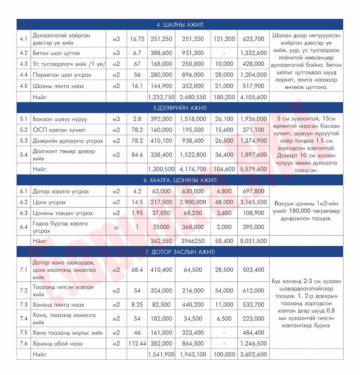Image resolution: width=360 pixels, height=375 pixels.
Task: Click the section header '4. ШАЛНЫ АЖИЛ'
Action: tap(180, 25)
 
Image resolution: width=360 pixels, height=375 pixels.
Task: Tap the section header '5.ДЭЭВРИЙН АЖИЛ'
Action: tap(180, 108)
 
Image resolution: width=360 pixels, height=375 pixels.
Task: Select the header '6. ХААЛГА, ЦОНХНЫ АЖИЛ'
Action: tap(180, 180)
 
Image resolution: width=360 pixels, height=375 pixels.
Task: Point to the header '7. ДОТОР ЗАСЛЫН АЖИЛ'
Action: tap(180, 252)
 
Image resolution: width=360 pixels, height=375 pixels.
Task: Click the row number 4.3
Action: tap(24, 64)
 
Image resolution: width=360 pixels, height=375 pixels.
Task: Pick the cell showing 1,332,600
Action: tap(253, 53)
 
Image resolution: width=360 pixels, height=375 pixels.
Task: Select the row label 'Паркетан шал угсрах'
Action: tap(58, 75)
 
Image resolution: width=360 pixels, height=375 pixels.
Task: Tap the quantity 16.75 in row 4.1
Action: tap(137, 39)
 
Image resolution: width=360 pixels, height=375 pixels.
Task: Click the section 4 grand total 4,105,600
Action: tap(253, 97)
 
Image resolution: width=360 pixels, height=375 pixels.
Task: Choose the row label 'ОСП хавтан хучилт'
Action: tap(59, 130)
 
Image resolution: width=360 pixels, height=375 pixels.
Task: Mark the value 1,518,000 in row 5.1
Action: tap(193, 119)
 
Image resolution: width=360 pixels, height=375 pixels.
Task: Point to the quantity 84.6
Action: tap(137, 155)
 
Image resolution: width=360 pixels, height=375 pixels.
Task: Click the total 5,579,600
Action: tap(253, 169)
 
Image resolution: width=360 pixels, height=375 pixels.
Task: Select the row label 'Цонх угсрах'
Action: tap(49, 202)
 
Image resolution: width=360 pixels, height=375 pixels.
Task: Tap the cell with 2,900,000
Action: tap(193, 202)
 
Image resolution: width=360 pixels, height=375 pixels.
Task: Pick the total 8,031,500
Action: tap(253, 241)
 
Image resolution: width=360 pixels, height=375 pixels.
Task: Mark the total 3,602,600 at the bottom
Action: tap(253, 355)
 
